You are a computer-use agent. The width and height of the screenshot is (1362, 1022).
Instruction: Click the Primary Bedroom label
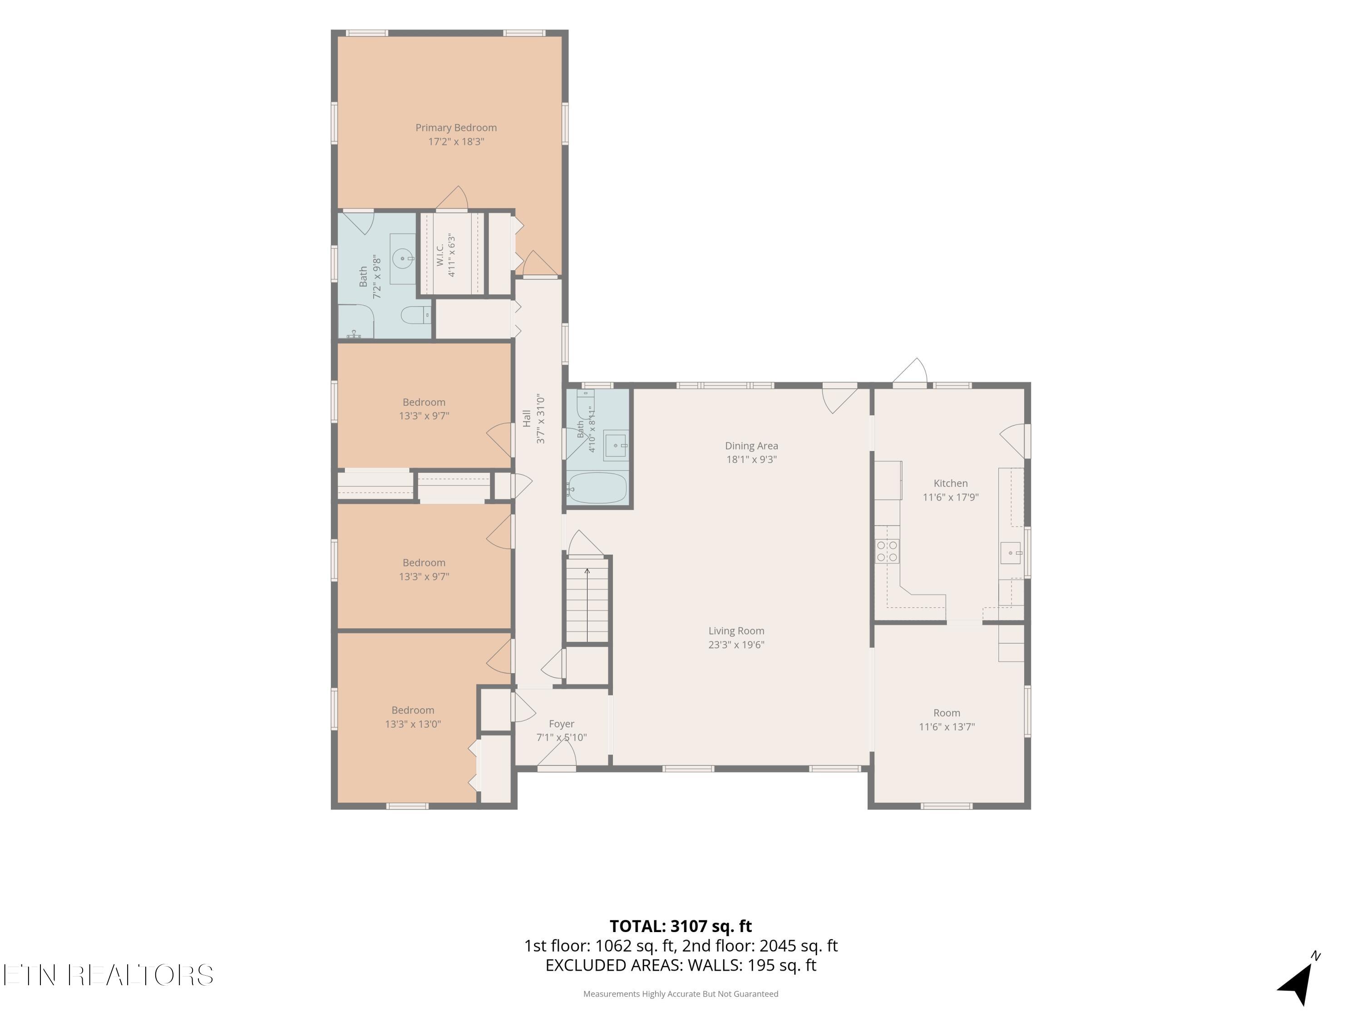[456, 128]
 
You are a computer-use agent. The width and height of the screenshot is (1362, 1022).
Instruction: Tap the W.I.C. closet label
[440, 254]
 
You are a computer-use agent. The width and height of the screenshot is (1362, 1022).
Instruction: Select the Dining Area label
[751, 446]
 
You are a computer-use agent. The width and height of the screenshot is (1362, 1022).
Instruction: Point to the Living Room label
[736, 631]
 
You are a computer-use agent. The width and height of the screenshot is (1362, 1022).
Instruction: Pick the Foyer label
[562, 724]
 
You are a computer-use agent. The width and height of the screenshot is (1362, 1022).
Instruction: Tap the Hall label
[527, 418]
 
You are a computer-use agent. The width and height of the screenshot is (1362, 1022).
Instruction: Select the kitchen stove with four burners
[887, 551]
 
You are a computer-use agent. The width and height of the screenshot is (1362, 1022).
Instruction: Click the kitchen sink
[1011, 553]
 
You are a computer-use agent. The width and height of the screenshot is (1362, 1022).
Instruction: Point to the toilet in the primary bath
[415, 316]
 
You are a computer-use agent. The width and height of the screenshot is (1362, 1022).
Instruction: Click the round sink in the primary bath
[403, 259]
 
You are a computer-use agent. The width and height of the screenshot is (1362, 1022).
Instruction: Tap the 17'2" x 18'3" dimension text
[456, 142]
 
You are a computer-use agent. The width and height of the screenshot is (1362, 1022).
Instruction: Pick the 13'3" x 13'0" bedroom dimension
[413, 724]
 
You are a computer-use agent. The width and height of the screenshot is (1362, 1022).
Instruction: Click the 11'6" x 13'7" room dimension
[947, 727]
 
